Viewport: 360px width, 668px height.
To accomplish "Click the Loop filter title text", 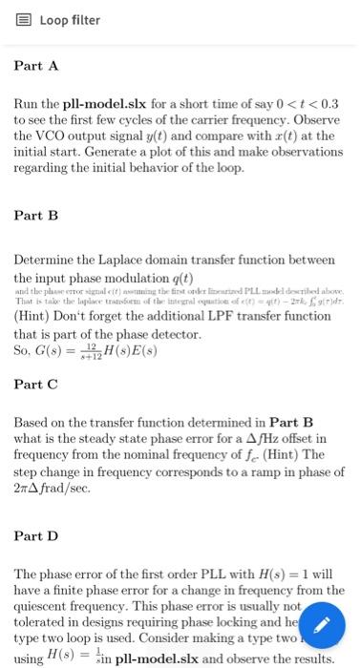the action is tap(70, 20).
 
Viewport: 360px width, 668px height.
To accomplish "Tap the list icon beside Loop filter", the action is tap(25, 20).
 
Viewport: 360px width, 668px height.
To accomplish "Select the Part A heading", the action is tap(36, 66).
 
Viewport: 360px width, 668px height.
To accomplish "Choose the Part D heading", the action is tap(36, 536).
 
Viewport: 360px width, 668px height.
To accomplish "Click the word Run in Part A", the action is tap(27, 102).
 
